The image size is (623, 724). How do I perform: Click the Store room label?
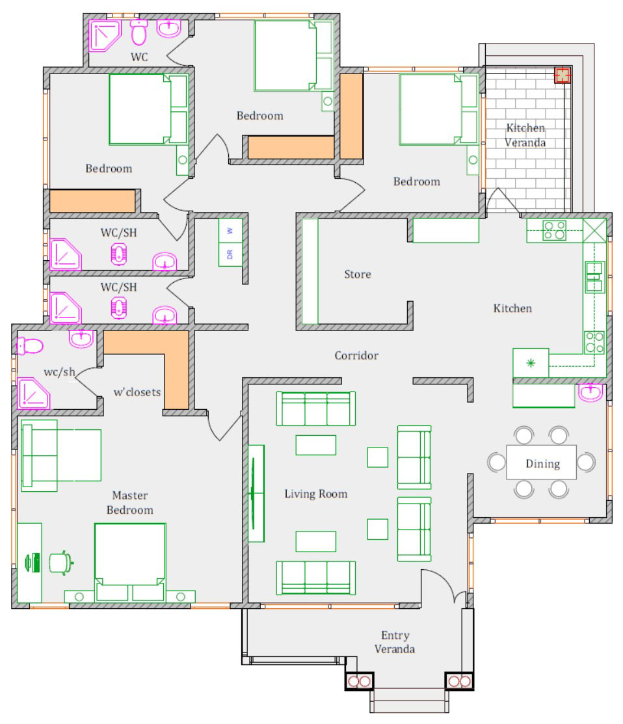click(358, 275)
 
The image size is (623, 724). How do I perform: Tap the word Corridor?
click(356, 356)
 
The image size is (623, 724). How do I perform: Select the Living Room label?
click(316, 494)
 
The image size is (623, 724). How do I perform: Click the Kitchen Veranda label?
click(525, 135)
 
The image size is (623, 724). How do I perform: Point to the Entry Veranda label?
click(395, 642)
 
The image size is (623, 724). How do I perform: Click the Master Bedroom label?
click(130, 503)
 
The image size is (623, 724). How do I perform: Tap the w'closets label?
click(137, 392)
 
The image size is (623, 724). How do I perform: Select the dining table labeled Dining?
click(542, 463)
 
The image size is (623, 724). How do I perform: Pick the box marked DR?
click(230, 254)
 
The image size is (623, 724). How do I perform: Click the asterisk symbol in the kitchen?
click(531, 363)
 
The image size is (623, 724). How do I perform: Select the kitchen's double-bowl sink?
click(594, 276)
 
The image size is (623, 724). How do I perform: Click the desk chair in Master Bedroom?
click(60, 562)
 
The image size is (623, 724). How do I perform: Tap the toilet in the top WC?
click(139, 31)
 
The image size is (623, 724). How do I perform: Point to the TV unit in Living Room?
click(256, 493)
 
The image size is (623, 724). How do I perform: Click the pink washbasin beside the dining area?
click(590, 393)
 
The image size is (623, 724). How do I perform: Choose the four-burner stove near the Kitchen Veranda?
click(554, 230)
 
